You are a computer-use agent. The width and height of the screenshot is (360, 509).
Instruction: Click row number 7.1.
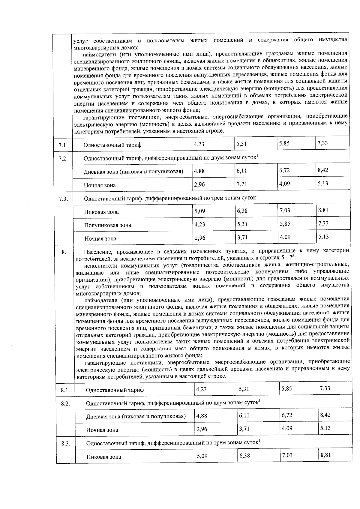[x=63, y=146]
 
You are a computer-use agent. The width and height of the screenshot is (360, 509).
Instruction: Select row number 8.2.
[x=65, y=404]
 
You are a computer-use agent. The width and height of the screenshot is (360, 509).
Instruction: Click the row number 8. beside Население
[x=64, y=252]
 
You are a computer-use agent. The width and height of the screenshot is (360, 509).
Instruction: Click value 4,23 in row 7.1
[x=199, y=144]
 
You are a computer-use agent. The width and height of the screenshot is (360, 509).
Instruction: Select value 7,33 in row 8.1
[x=325, y=388]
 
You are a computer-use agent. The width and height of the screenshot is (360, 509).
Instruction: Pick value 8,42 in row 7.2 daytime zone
[x=323, y=170]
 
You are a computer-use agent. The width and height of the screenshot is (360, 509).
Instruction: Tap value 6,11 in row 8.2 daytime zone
[x=244, y=415]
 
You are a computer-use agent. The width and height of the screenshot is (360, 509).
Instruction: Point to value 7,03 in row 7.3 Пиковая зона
[x=285, y=211]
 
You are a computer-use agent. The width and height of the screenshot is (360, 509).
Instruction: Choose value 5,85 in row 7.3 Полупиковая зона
[x=285, y=224]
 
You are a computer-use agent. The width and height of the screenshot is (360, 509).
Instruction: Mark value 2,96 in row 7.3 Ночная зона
[x=199, y=238]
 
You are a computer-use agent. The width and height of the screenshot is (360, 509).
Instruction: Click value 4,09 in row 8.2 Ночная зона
[x=287, y=428]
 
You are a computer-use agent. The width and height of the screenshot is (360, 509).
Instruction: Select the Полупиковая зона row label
[x=107, y=225]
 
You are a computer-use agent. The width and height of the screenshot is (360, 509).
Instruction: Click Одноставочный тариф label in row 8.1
[x=115, y=390]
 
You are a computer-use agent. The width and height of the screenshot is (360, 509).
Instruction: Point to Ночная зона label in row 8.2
[x=102, y=430]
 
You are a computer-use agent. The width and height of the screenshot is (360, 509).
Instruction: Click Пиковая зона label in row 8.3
[x=103, y=457]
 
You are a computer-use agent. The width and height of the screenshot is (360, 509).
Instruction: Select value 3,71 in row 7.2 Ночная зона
[x=242, y=184]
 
